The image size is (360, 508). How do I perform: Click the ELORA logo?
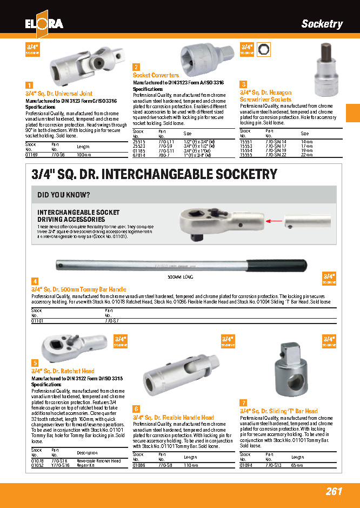[44, 23]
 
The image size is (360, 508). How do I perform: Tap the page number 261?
[334, 491]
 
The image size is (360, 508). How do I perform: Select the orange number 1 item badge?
[29, 85]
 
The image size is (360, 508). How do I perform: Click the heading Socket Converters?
[156, 75]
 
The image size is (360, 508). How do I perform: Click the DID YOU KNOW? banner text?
[64, 195]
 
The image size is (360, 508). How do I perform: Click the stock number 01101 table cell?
[37, 321]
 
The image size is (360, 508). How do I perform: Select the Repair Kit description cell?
[86, 465]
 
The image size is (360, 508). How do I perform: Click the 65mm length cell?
[297, 465]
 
